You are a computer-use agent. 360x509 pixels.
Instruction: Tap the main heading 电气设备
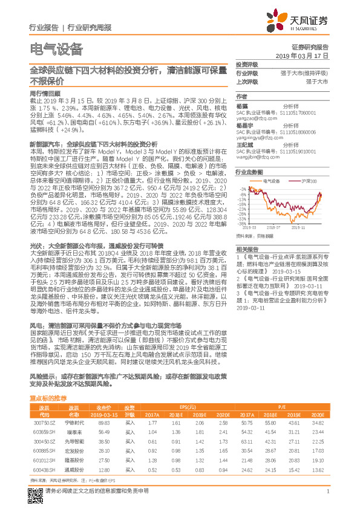pos(55,50)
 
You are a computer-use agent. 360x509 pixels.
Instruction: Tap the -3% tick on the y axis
pos(242,189)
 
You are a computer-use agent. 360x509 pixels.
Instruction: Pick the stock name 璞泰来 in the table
pos(74,433)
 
